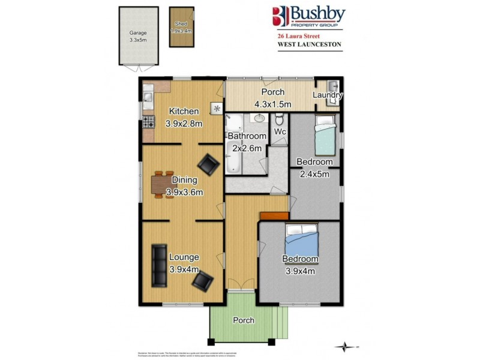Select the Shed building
(182, 27)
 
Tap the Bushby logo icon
(280, 16)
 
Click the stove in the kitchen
(147, 124)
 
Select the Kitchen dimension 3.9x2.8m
(184, 124)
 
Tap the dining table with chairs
(160, 184)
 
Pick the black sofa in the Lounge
(158, 265)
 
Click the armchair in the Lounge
(203, 280)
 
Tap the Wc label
(279, 131)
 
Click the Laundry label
(328, 95)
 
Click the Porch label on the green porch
(244, 320)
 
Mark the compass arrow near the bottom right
(346, 346)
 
